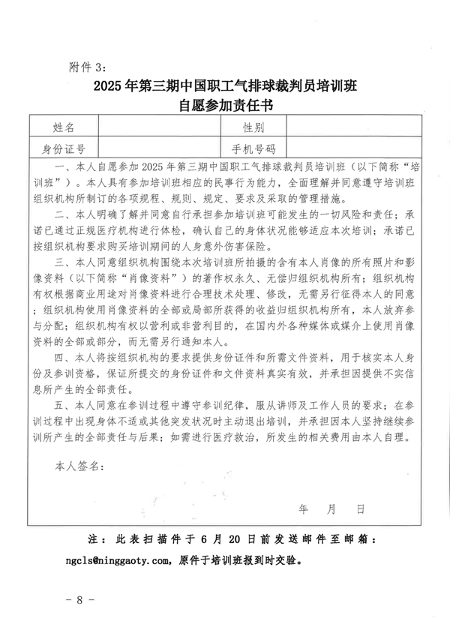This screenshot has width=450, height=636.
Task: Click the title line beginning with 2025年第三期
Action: tap(224, 86)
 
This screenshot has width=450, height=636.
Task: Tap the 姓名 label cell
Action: tap(64, 127)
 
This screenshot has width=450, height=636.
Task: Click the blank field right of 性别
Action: tap(352, 127)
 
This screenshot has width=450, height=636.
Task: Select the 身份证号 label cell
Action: tap(64, 148)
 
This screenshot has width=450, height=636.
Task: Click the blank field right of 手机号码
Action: tap(352, 148)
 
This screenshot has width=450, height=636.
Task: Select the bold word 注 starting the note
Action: tap(93, 539)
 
